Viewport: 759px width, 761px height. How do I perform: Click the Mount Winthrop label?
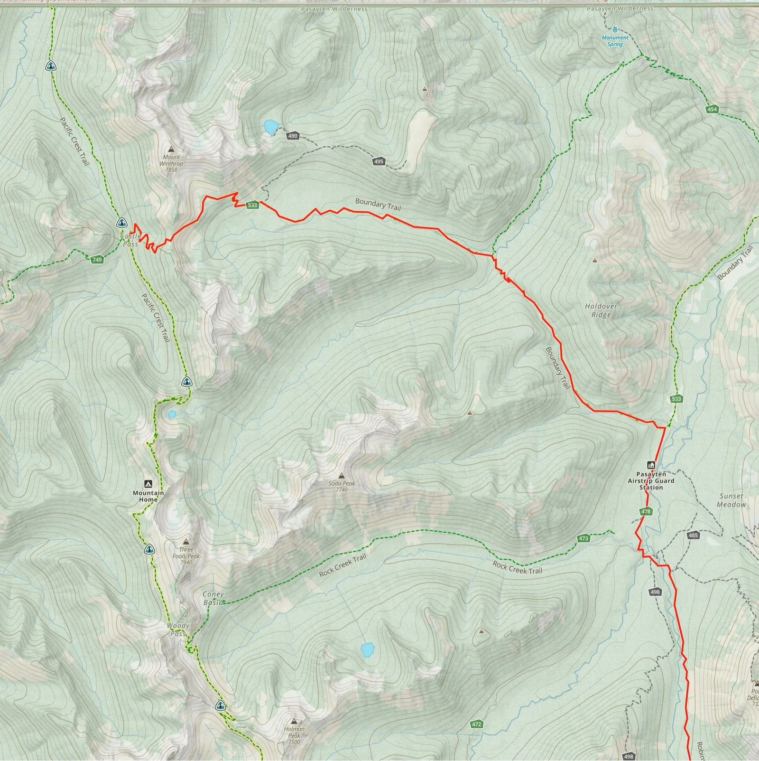(x=171, y=163)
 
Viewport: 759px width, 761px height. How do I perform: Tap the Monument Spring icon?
(x=615, y=29)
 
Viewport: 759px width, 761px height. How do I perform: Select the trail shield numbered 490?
(x=293, y=136)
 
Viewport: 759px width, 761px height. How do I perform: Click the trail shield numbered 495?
(x=378, y=161)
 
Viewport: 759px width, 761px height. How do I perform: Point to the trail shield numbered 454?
(x=712, y=109)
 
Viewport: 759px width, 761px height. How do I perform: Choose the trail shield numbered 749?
(x=97, y=260)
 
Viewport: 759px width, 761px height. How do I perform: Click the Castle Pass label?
(x=130, y=240)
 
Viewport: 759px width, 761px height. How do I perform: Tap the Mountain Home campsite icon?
(x=148, y=484)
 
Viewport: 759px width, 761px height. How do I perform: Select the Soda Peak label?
(x=342, y=486)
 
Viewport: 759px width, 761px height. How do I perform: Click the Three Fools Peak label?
(x=186, y=556)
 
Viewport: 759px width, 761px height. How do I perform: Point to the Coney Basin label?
(x=213, y=598)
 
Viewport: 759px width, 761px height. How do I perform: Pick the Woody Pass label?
(x=178, y=629)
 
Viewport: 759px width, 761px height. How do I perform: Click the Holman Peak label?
(x=294, y=735)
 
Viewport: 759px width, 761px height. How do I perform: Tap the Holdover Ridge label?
(x=601, y=310)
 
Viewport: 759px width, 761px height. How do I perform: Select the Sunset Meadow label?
(x=731, y=500)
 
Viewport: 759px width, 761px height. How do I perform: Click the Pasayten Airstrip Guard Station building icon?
(x=651, y=465)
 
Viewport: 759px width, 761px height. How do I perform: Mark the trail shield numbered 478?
(x=646, y=511)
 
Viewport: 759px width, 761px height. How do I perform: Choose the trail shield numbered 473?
(x=583, y=538)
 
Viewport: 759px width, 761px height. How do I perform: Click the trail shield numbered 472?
(x=476, y=724)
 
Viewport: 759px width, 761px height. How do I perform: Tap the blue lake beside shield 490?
(x=270, y=127)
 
